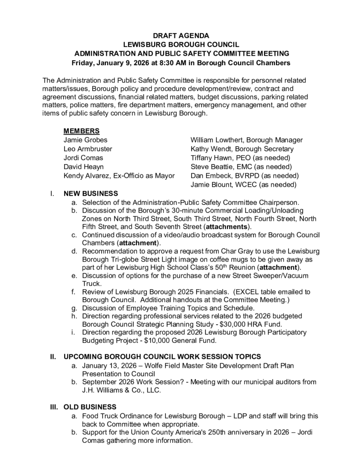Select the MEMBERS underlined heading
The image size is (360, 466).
pos(81,131)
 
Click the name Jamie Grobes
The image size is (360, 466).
pos(85,140)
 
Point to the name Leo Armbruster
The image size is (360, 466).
pos(88,149)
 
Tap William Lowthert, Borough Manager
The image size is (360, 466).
pos(246,140)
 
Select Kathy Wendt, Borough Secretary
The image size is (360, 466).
pos(242,149)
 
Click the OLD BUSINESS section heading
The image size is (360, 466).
pos(90,407)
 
